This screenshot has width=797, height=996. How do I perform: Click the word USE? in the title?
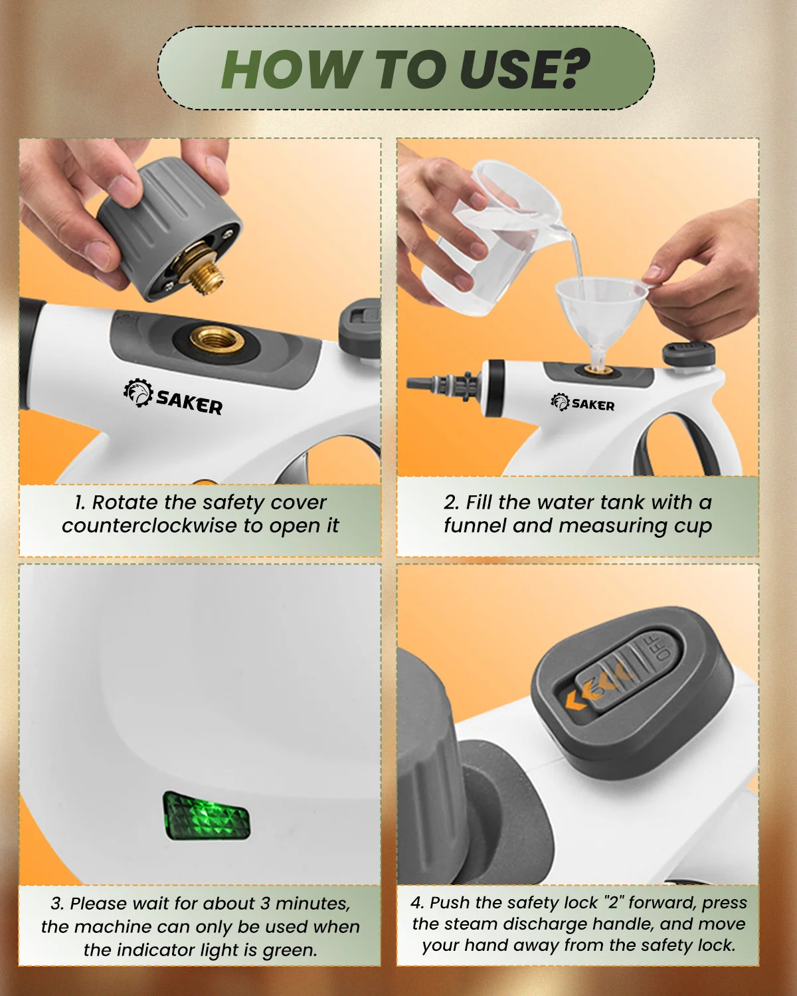(525, 69)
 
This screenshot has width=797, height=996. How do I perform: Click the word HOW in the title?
(292, 69)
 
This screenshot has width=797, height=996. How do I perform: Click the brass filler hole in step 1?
(217, 339)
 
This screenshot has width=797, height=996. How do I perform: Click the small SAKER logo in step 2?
(582, 403)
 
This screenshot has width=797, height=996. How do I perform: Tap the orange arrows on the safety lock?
(597, 686)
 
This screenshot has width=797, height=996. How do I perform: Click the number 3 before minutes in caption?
(265, 903)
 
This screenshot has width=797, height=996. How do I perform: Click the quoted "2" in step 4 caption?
(614, 902)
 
